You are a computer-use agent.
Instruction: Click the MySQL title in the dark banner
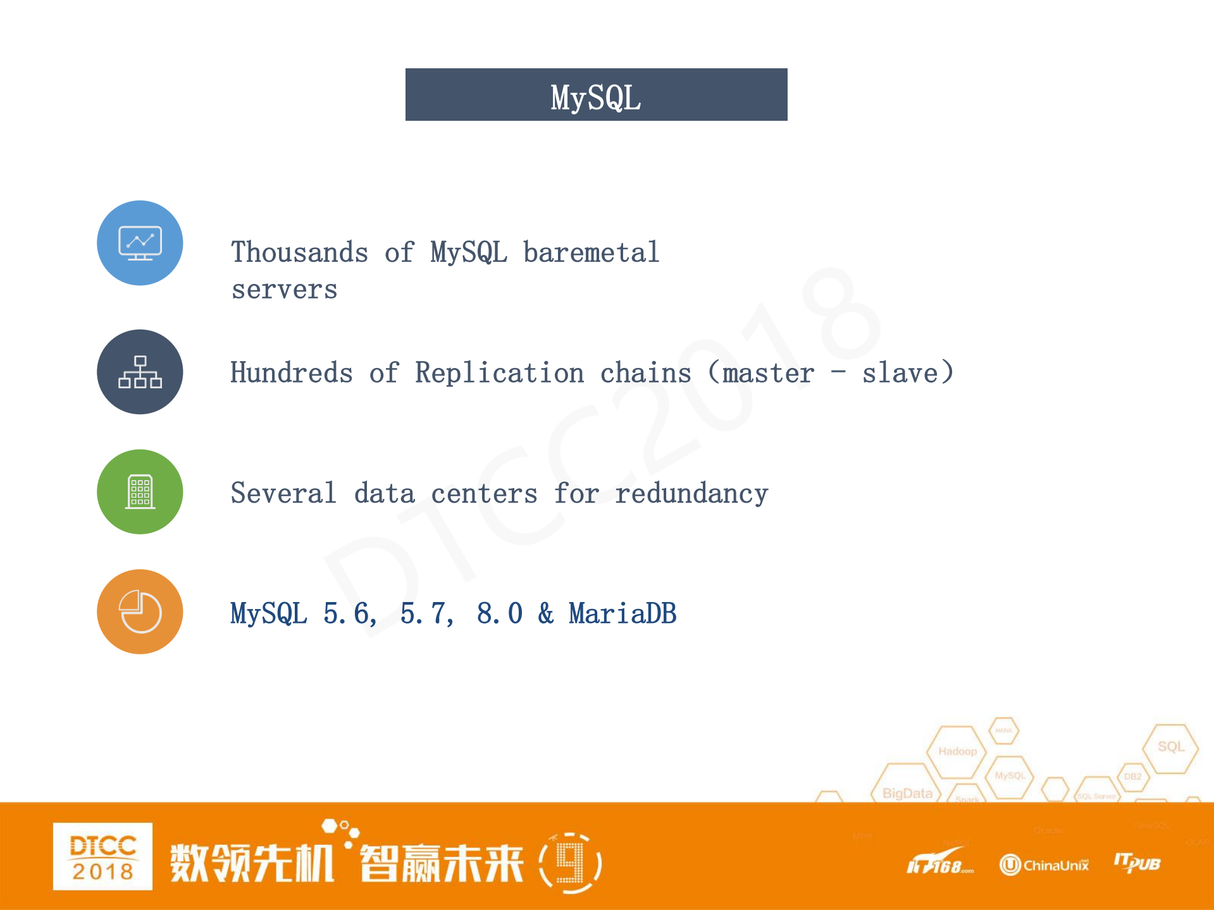[x=595, y=97]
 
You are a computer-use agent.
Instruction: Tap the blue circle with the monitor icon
[x=140, y=243]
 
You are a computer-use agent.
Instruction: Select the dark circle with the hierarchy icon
[x=140, y=372]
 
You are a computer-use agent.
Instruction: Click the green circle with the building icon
[x=140, y=491]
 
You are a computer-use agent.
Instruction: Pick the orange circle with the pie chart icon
[x=140, y=612]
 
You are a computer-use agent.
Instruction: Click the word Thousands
[x=299, y=252]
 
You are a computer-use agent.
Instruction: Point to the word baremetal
[x=591, y=252]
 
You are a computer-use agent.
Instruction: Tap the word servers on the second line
[x=284, y=290]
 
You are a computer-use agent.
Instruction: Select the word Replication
[x=499, y=372]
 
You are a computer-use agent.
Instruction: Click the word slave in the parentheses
[x=900, y=372]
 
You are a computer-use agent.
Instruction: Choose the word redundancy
[x=691, y=493]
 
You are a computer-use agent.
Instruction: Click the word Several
[x=283, y=493]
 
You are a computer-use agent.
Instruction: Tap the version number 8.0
[x=499, y=613]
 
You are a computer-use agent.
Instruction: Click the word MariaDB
[x=622, y=613]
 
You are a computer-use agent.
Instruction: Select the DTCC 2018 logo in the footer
[x=102, y=856]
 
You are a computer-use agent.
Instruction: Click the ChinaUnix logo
[x=1044, y=864]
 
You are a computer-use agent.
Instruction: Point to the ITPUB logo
[x=1137, y=863]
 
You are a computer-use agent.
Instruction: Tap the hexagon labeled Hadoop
[x=957, y=751]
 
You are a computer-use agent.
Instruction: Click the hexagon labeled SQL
[x=1170, y=747]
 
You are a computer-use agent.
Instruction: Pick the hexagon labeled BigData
[x=907, y=792]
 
